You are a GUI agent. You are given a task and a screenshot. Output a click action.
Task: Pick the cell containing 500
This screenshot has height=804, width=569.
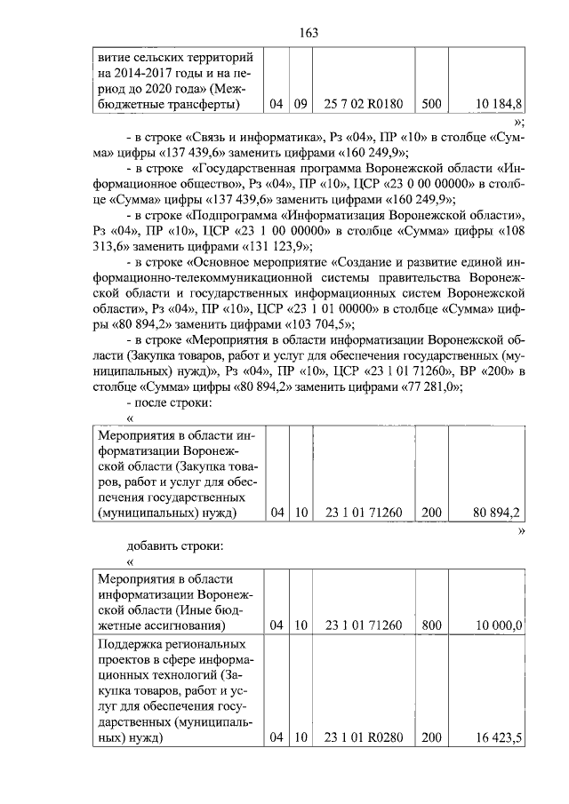(x=431, y=104)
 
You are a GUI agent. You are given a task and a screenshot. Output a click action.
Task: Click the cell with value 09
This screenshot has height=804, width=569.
(x=301, y=104)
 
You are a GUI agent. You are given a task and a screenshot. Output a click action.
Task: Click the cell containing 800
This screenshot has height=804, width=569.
(x=431, y=625)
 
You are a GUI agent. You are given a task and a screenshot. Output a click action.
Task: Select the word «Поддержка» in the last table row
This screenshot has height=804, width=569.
(x=133, y=643)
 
